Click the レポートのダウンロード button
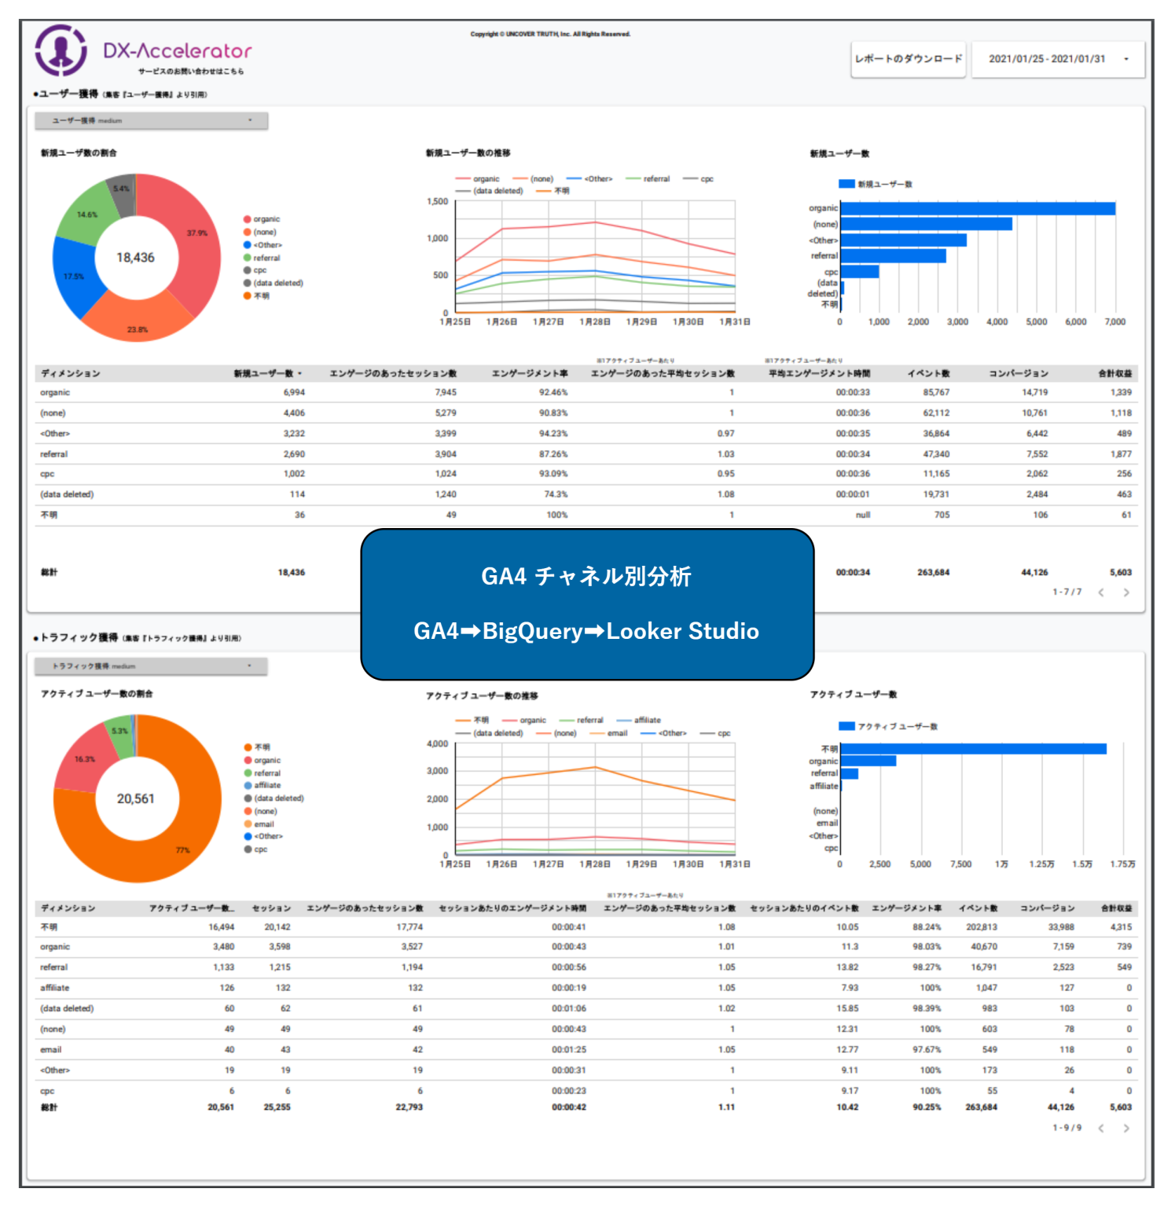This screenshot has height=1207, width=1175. [908, 59]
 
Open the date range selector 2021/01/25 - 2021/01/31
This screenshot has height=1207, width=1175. [1057, 59]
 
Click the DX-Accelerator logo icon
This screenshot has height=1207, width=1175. [61, 50]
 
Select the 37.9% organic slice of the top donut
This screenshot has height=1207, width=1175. [189, 236]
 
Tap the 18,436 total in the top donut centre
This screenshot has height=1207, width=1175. [135, 258]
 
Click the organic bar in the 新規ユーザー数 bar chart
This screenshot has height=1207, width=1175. [977, 208]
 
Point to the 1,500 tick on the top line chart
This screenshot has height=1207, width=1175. [437, 202]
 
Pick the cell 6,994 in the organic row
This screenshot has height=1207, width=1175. [294, 392]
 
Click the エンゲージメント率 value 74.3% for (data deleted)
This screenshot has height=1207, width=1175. [556, 494]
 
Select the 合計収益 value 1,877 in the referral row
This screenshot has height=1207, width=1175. [1121, 454]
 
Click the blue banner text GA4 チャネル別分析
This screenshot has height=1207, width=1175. [586, 576]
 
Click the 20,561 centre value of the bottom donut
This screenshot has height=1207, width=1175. [135, 798]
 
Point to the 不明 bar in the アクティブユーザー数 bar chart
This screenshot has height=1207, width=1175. [973, 749]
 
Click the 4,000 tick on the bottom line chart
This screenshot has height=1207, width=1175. [437, 743]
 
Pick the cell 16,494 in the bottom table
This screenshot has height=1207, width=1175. [221, 927]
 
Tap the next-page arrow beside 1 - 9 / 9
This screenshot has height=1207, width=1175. [1126, 1128]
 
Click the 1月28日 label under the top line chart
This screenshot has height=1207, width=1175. [595, 322]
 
